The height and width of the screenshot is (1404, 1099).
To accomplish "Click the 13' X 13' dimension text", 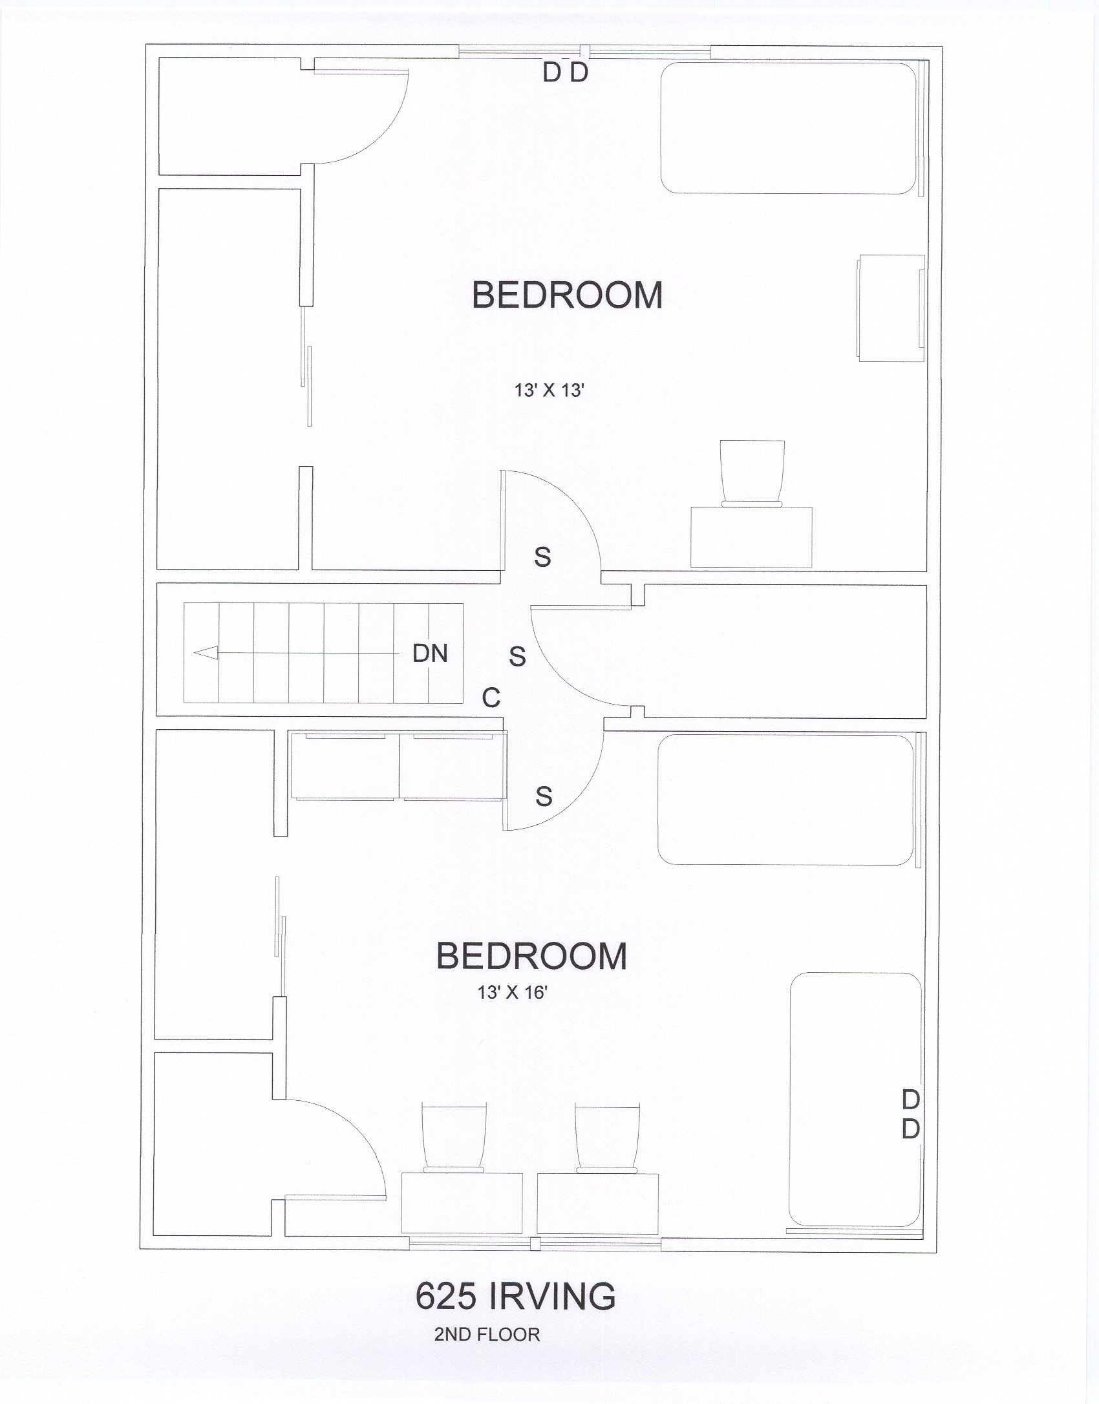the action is pos(549,390).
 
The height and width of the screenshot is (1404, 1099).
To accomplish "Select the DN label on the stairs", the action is pos(430,654).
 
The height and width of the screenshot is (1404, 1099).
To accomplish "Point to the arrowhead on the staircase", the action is pos(206,654).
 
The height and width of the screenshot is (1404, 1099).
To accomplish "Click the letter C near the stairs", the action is pos(491,697).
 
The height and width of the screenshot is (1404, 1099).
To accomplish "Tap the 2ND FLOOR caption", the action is pos(487,1335).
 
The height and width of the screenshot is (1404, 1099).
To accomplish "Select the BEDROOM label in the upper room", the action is pos(568,295).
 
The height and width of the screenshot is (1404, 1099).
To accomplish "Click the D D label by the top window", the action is pos(566,73).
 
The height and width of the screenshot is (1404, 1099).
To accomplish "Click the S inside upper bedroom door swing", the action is pos(542,557).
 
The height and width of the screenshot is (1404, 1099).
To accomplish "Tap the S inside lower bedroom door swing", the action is pos(544,796).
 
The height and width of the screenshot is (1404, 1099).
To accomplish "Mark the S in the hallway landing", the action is pos(517,657).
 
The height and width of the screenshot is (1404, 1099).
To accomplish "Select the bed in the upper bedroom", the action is pos(789,127).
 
